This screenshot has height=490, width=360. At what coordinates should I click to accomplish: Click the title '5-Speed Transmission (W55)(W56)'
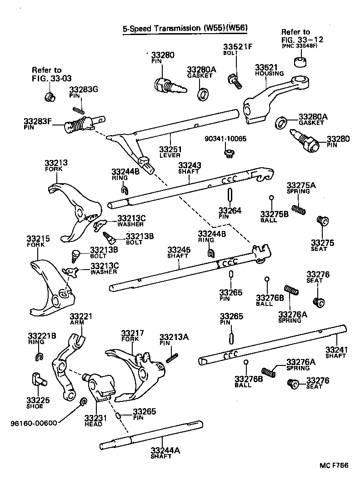[185, 28]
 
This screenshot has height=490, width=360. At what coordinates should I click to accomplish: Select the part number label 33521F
[237, 47]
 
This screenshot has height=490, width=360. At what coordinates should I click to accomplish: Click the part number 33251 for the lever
[170, 149]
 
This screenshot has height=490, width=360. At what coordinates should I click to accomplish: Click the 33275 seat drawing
[322, 221]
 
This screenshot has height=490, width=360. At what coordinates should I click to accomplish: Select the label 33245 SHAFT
[178, 253]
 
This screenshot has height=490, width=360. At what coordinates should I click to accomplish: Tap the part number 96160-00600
[34, 423]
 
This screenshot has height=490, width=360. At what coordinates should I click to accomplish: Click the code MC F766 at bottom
[334, 466]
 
